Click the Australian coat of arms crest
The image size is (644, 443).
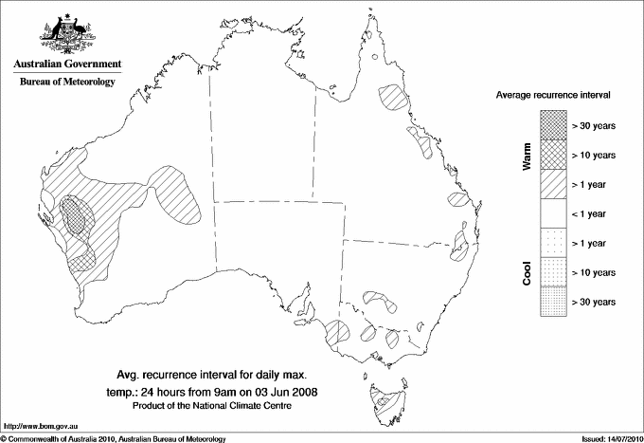coord(66,34)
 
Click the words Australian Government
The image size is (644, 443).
coord(66,65)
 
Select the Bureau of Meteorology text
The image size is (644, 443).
coord(66,83)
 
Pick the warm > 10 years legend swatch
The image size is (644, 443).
coord(551,154)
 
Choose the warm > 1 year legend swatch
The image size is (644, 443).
coord(551,183)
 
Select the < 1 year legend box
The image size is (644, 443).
coord(551,213)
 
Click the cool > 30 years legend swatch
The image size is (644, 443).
coord(551,302)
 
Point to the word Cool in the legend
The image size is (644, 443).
coord(527,272)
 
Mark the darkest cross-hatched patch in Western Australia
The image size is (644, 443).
coord(73,216)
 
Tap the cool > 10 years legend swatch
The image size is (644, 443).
coord(551,272)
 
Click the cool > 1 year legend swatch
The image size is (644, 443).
coord(551,243)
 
